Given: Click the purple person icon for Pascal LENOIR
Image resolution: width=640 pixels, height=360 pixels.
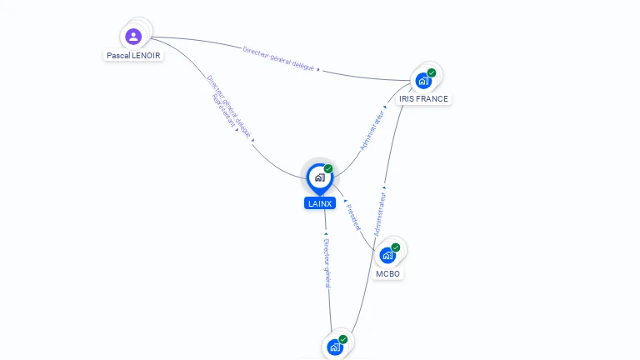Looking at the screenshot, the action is (133, 36).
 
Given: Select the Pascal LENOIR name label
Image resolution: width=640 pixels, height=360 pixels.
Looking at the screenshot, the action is (133, 56).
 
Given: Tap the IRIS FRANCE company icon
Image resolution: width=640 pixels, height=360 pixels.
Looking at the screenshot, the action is (423, 81).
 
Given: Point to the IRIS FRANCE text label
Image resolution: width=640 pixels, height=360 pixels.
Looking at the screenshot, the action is (423, 99).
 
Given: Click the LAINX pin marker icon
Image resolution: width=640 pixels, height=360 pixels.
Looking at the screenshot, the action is (318, 177).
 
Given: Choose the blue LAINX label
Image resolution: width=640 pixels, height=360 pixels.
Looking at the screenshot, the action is (319, 203).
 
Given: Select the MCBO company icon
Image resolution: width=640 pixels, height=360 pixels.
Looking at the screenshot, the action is (387, 255).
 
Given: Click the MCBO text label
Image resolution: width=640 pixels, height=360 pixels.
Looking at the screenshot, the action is (387, 274).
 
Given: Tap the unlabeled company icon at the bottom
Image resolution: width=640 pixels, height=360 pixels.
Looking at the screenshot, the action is (334, 347).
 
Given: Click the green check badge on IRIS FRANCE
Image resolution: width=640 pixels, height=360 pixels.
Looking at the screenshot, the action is (432, 72).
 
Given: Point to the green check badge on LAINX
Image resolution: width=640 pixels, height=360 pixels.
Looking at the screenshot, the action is (328, 169).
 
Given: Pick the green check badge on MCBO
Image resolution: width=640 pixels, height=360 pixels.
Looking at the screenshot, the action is (396, 247).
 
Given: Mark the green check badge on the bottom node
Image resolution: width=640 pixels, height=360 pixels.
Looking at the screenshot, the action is (342, 339).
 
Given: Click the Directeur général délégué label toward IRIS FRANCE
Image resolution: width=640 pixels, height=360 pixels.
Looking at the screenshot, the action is (279, 58).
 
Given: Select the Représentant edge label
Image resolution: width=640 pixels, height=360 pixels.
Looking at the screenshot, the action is (222, 112).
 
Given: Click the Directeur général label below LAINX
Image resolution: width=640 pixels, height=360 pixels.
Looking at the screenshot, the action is (327, 262).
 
